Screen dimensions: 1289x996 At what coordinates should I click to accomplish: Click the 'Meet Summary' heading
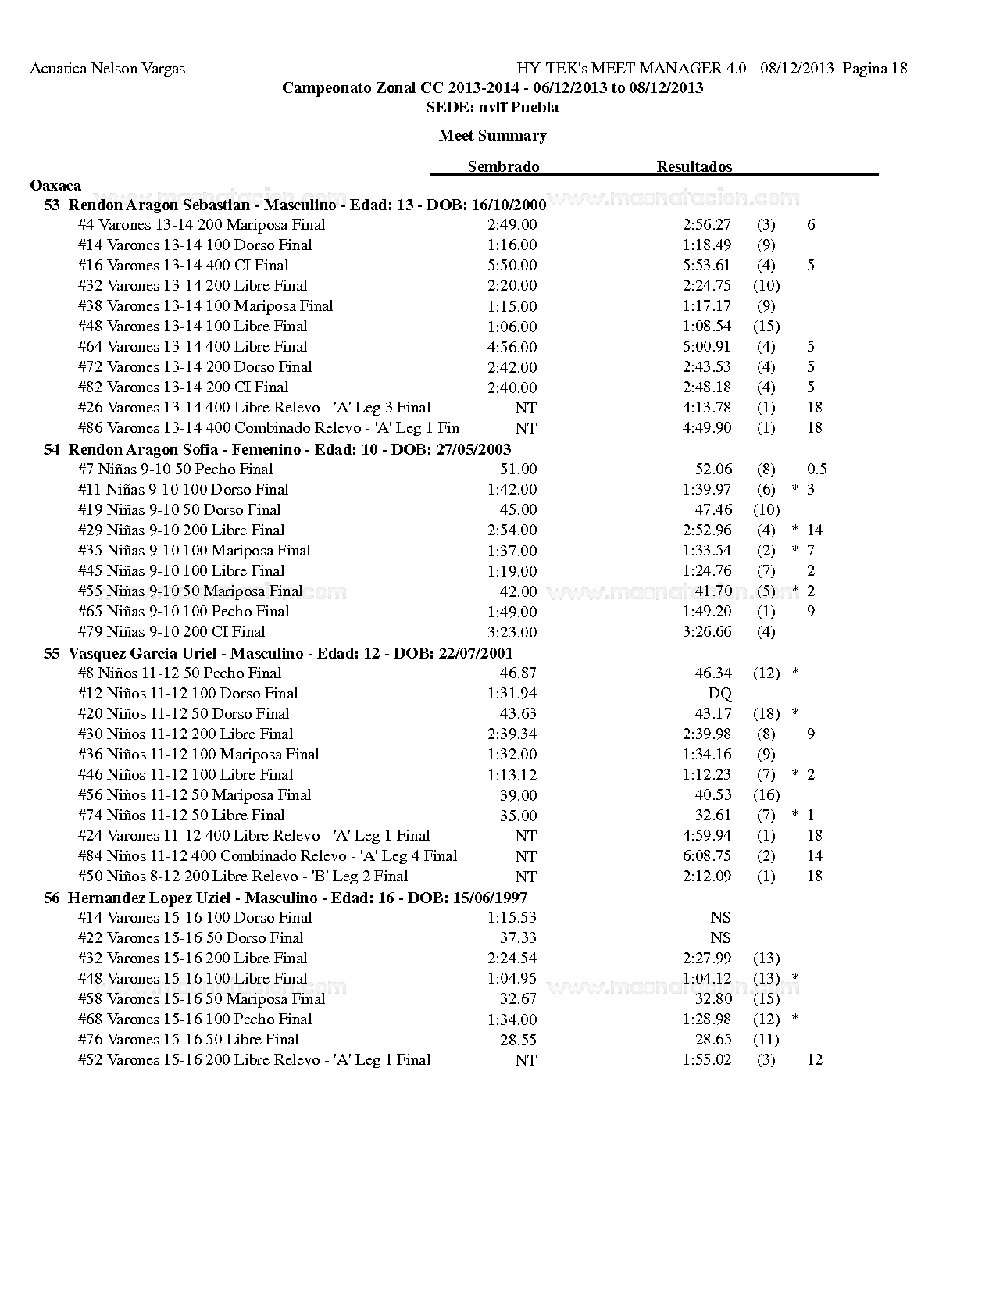pos(492,135)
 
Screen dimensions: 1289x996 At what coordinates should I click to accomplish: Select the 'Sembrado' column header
pos(503,166)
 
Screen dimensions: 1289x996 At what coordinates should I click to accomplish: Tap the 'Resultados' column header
pos(694,166)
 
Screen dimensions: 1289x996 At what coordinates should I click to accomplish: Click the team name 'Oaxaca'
pos(55,185)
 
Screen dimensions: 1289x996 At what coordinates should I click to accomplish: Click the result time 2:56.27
pos(706,224)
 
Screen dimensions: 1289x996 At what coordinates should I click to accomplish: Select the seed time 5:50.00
pos(512,266)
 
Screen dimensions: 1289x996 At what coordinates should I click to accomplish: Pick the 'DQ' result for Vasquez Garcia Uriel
pos(719,693)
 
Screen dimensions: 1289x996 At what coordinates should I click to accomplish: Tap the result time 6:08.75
pos(706,855)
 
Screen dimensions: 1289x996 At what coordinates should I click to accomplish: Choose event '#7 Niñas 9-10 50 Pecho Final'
pos(175,469)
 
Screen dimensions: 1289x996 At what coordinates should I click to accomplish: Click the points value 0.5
pos(817,469)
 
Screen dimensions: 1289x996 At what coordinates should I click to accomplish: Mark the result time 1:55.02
pos(706,1059)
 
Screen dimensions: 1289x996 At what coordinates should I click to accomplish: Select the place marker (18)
pos(766,713)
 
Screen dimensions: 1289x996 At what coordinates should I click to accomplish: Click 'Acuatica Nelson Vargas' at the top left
pos(107,68)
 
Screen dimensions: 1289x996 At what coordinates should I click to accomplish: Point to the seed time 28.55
pos(518,1040)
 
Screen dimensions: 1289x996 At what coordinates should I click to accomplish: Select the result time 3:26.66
pos(706,631)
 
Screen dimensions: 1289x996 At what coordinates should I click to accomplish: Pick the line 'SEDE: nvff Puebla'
pos(492,107)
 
